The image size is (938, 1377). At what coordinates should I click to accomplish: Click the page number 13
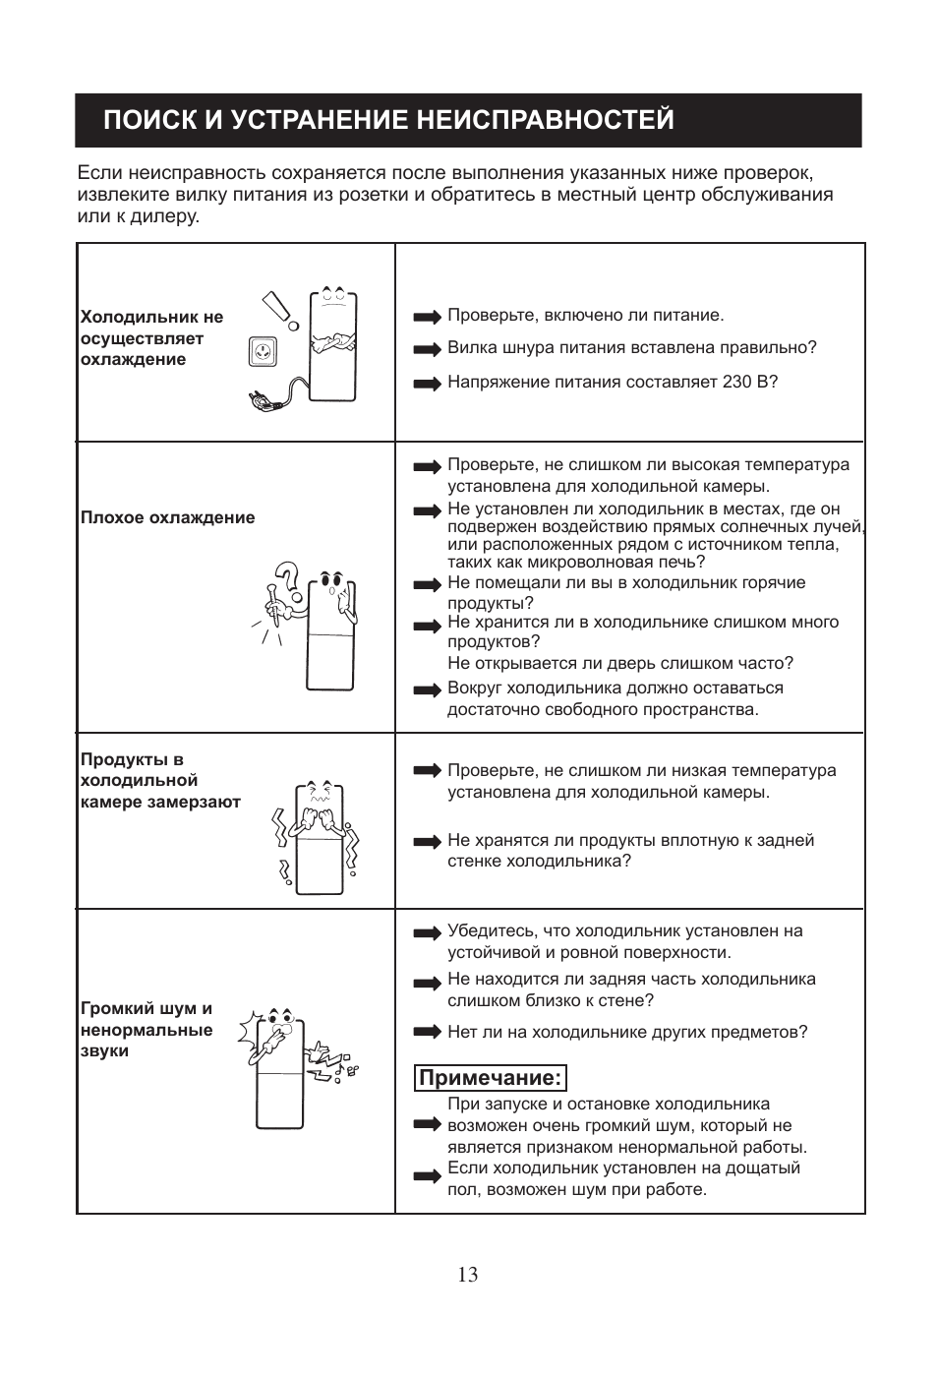click(x=468, y=1275)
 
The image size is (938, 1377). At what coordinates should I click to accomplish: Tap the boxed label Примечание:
click(x=491, y=1078)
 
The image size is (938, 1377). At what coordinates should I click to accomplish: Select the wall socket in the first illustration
click(x=263, y=349)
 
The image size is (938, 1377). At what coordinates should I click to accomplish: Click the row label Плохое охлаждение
click(x=168, y=517)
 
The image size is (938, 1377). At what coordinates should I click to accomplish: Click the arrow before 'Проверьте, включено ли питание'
click(x=428, y=317)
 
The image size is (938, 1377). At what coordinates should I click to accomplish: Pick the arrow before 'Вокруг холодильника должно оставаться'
click(x=428, y=690)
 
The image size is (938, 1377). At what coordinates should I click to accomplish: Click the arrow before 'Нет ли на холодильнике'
click(x=428, y=1032)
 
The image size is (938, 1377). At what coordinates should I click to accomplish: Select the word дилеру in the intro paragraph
click(x=167, y=216)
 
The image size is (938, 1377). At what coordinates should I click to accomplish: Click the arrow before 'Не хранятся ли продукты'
click(x=428, y=842)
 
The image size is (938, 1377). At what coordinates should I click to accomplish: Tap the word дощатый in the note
click(x=766, y=1167)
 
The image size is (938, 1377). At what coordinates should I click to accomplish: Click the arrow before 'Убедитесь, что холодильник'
click(x=428, y=932)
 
